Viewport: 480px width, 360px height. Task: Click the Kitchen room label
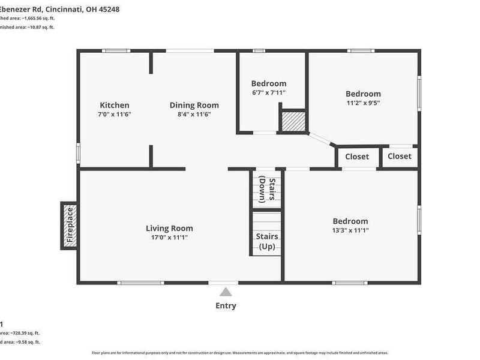tap(115, 105)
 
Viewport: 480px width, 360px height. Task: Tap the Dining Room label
tap(194, 105)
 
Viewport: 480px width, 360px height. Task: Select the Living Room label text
tap(169, 228)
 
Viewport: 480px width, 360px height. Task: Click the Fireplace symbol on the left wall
tap(69, 226)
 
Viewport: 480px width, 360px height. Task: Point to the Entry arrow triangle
tap(226, 292)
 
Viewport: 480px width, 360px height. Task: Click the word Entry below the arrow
tap(226, 305)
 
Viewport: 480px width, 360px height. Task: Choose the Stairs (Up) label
tap(267, 241)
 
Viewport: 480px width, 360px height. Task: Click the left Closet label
tap(357, 157)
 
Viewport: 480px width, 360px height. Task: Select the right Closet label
tap(400, 156)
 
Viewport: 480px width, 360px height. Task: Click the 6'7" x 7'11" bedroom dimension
tap(268, 93)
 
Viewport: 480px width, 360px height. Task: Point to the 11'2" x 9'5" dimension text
tap(363, 103)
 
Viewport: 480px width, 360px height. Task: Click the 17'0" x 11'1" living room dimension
tap(169, 238)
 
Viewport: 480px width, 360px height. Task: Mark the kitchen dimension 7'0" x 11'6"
tap(115, 114)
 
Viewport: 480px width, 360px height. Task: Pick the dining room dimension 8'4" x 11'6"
tap(194, 114)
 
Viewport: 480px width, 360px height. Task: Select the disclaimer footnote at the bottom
tap(240, 353)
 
